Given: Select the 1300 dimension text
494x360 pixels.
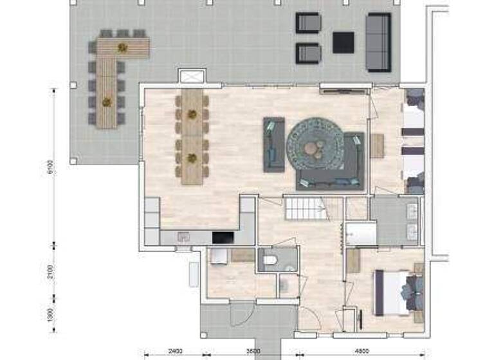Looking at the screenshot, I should point(50,316).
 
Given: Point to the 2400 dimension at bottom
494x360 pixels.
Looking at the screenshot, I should point(172,352).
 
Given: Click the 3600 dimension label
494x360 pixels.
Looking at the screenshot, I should point(252,352).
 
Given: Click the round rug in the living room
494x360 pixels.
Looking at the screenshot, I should point(315,146).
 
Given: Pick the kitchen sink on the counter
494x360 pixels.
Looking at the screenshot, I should point(183,237).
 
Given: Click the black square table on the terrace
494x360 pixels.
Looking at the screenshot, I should point(343,43).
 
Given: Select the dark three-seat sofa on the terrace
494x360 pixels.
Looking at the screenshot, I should point(378,42).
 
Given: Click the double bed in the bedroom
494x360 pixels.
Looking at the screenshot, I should point(398,292).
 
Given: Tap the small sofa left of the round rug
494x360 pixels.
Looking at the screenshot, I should point(274,145).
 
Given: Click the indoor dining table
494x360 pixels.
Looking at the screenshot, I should point(192,136).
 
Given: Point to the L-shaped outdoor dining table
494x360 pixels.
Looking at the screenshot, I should point(119,71).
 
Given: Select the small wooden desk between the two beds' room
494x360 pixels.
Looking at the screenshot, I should point(376,146).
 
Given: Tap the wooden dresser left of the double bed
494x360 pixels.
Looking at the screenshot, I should point(352,261).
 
